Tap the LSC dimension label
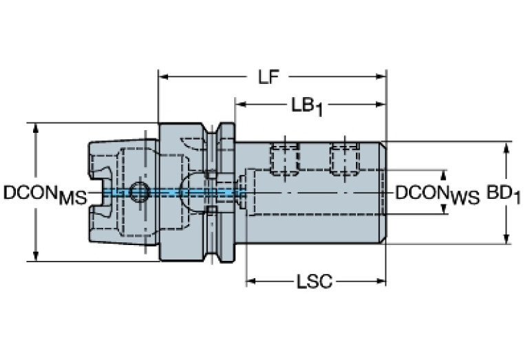[x=315, y=282]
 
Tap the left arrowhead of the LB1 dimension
[x=240, y=105]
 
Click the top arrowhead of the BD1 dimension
[x=507, y=147]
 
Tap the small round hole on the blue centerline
[x=140, y=192]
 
